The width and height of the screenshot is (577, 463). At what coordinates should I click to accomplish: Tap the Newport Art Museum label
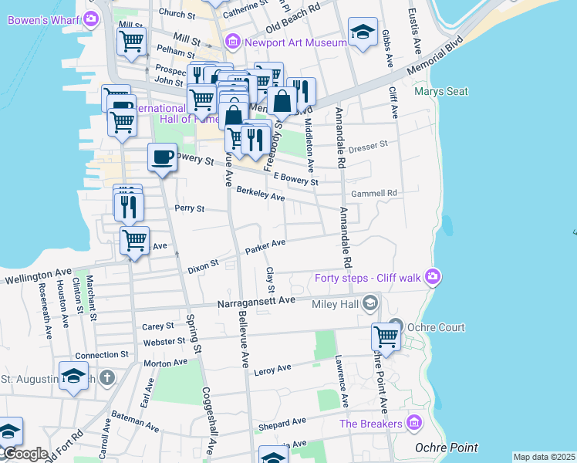[295, 42]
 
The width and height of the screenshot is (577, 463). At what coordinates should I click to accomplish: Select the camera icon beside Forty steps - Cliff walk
[432, 275]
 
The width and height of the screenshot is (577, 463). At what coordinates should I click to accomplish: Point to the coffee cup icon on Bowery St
[162, 157]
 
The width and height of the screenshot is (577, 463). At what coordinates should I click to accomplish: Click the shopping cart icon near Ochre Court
[385, 336]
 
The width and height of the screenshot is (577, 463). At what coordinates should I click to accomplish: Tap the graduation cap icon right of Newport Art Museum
[363, 32]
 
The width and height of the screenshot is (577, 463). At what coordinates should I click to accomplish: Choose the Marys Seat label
[440, 91]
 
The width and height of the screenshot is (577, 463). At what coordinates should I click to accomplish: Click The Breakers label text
[371, 424]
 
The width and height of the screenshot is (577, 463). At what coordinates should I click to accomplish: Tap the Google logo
[25, 454]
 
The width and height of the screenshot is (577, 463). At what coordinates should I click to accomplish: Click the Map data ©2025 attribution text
[544, 457]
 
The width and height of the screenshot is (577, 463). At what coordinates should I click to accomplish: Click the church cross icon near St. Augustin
[107, 379]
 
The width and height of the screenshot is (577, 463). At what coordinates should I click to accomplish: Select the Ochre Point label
[445, 448]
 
